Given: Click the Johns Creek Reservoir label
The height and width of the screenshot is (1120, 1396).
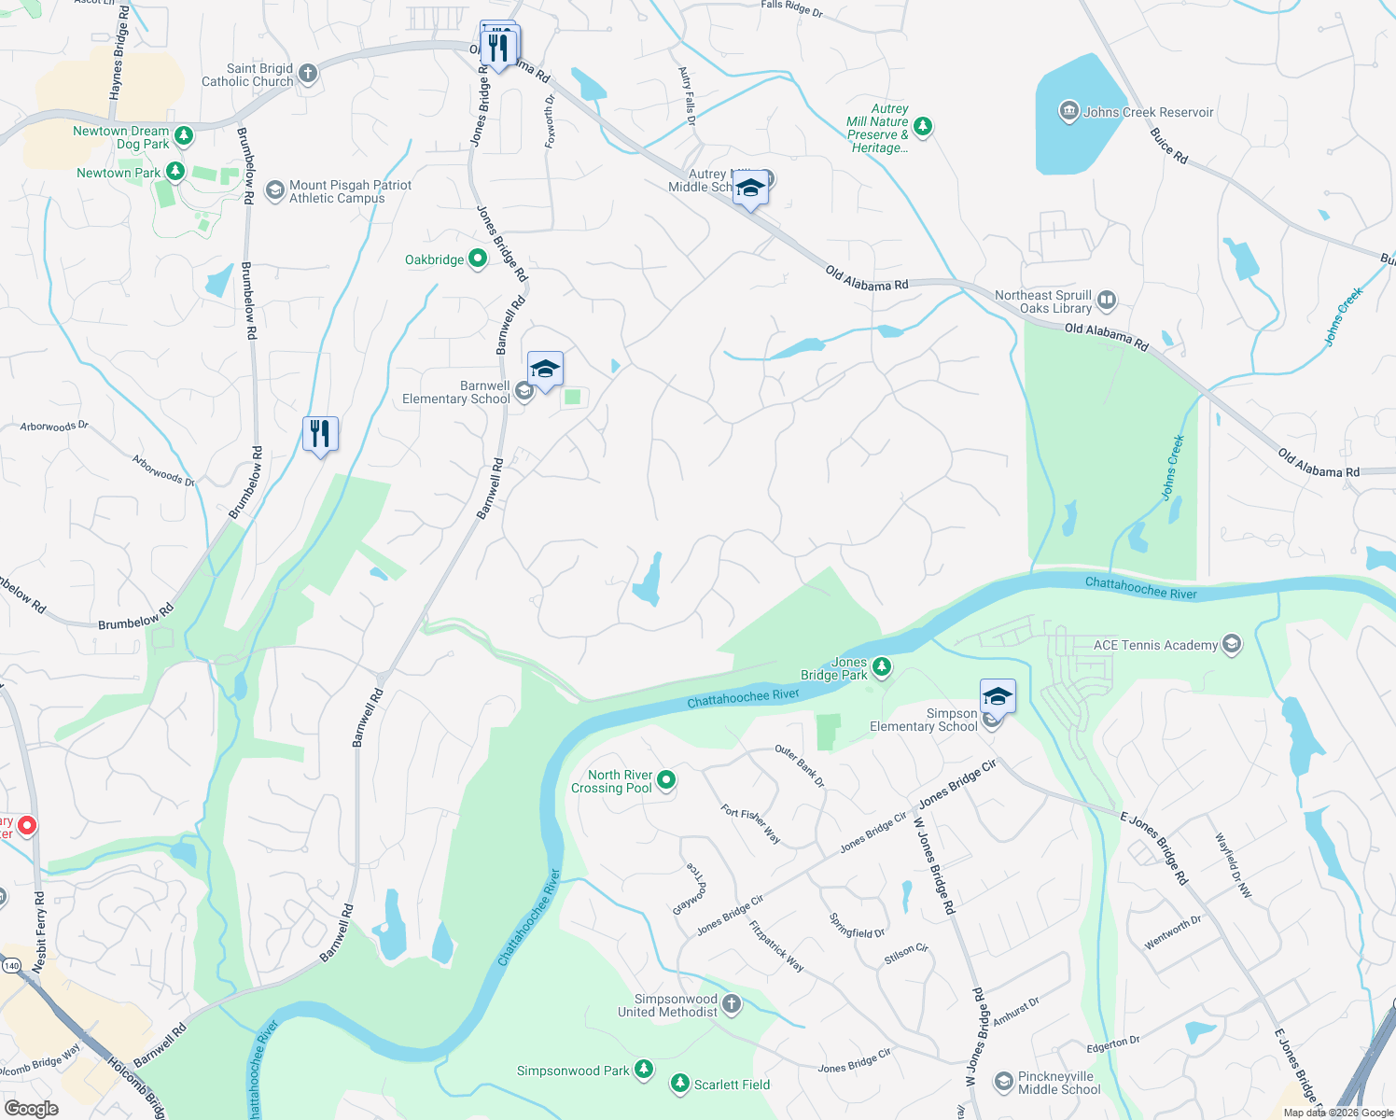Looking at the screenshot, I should (x=1149, y=112).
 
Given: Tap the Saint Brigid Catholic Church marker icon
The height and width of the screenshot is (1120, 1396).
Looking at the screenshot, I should (x=308, y=74).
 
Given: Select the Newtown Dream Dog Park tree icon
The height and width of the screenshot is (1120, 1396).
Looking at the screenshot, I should (x=184, y=136).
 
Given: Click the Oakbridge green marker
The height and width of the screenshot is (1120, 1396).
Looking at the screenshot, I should (x=478, y=259).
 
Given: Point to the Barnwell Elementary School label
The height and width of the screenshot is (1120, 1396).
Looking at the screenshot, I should (x=456, y=392).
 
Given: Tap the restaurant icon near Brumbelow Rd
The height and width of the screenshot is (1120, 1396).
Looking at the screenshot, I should (x=320, y=434).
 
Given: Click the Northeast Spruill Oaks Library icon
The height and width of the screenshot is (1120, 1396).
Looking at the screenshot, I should (x=1107, y=301).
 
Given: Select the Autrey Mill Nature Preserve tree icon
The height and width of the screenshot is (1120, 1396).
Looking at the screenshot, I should (x=923, y=125).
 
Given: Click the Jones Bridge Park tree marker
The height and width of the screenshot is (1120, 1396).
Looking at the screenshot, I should (x=881, y=667).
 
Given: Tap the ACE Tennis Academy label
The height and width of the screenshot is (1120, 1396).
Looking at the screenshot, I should (x=1155, y=645).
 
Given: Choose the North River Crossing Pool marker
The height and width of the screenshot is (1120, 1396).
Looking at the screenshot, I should (x=666, y=779).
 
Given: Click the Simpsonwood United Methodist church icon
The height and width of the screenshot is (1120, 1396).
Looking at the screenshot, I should (x=732, y=1004).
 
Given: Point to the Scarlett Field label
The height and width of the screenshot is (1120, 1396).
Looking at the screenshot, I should (x=733, y=1085).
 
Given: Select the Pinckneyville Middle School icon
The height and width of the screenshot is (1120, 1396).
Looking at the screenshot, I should (x=1003, y=1082).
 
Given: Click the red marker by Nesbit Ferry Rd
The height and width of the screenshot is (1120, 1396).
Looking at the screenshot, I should (x=27, y=825).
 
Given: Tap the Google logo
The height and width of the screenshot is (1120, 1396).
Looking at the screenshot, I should (x=31, y=1109).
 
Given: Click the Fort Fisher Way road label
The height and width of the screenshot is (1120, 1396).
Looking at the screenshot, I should (x=751, y=824).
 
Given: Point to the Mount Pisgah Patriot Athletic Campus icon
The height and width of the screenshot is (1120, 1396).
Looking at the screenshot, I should (x=274, y=191).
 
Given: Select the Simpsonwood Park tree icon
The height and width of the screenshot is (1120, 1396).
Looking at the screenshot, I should (x=644, y=1069).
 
